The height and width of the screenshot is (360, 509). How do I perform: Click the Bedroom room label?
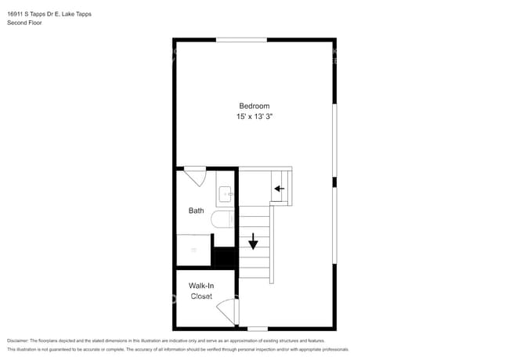click(254, 106)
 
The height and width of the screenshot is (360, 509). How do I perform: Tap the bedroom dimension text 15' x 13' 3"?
click(254, 116)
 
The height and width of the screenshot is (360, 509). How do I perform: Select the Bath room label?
click(197, 211)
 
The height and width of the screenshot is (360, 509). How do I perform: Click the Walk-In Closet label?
click(201, 291)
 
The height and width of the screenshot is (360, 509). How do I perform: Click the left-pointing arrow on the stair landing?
click(280, 189)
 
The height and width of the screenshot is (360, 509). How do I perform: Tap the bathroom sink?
click(225, 193)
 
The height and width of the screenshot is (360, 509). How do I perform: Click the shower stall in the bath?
click(193, 250)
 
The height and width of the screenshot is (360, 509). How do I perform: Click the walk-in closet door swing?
click(227, 311)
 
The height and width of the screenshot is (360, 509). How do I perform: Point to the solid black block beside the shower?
click(225, 257)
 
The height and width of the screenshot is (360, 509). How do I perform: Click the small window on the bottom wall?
click(258, 329)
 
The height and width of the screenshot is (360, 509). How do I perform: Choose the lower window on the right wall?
click(334, 227)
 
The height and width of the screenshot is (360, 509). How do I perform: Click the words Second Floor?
click(25, 23)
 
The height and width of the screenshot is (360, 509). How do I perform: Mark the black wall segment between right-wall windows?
click(334, 182)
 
